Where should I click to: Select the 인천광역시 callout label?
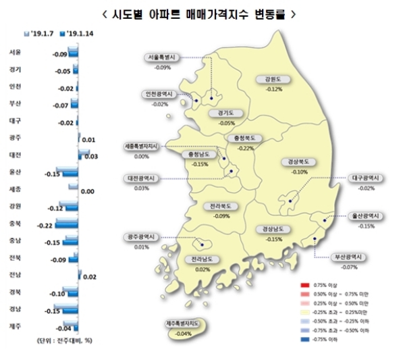coord(160,95)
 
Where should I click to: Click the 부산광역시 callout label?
coord(349,257)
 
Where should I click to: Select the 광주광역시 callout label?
coord(142,237)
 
